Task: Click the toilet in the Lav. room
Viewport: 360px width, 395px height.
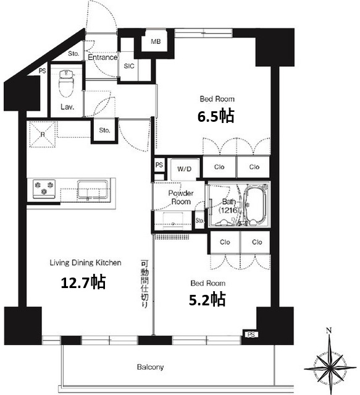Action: (x=66, y=83)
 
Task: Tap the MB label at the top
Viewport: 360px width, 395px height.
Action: (x=156, y=41)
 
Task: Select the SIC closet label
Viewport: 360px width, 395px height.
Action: (x=129, y=66)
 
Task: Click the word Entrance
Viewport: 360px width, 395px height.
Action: (x=103, y=57)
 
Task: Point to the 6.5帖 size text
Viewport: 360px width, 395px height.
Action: (x=216, y=116)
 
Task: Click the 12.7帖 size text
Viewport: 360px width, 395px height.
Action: (x=83, y=282)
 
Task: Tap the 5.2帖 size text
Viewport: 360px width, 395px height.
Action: (x=207, y=299)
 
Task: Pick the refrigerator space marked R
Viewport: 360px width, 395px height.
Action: (x=42, y=134)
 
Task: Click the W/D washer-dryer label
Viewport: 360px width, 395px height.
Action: (x=185, y=169)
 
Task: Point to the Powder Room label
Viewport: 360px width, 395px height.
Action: (x=181, y=198)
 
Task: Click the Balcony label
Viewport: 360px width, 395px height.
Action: (x=151, y=367)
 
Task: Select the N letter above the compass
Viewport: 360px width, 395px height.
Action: (x=329, y=330)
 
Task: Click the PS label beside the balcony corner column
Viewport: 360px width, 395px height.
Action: (x=251, y=334)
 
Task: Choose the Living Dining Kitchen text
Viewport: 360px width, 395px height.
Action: (x=86, y=263)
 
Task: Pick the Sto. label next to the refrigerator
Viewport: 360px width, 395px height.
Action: (x=104, y=130)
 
